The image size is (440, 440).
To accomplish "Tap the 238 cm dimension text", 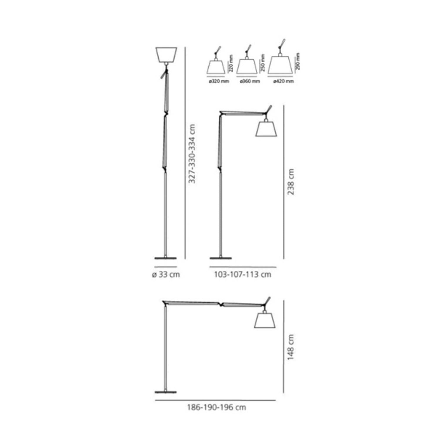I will point(290,182).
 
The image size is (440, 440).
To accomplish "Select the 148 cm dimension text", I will point(290,347).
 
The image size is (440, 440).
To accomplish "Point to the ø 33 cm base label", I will point(166,275).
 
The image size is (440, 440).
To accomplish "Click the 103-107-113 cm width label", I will point(243,275).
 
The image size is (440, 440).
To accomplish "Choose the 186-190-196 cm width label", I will point(216,407).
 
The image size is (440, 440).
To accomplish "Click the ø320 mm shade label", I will point(219,81).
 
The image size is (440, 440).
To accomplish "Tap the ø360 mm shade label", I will point(250,81).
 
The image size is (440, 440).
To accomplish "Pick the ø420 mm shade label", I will point(283,81).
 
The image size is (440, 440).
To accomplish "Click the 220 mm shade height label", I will point(231,64).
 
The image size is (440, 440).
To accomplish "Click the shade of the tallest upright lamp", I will point(166,55).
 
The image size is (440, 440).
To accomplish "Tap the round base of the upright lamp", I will point(165,258).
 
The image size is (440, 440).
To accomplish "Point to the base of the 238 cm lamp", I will point(221,258).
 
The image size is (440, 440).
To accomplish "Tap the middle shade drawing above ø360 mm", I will point(247,66).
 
